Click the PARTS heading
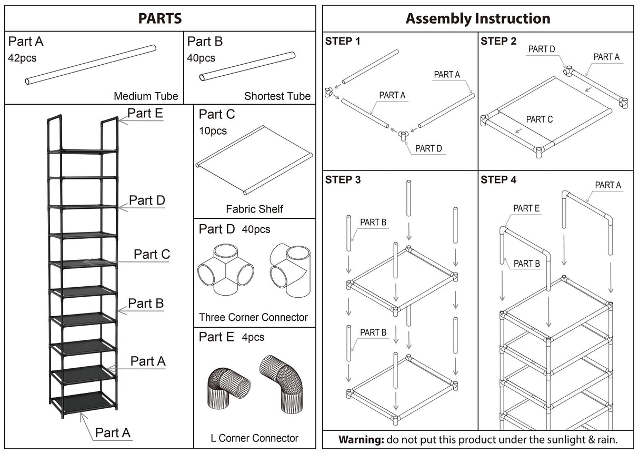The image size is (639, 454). pyautogui.click(x=160, y=18)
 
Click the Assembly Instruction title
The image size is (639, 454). pyautogui.click(x=477, y=18)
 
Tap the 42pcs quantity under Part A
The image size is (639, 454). pyautogui.click(x=22, y=58)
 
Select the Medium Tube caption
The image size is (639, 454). pyautogui.click(x=146, y=96)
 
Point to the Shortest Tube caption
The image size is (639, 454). pyautogui.click(x=277, y=96)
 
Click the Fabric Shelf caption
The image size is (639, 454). pyautogui.click(x=254, y=209)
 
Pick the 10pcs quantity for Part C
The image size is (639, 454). pyautogui.click(x=214, y=130)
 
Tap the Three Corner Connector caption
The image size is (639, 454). pyautogui.click(x=253, y=317)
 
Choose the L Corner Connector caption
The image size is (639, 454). pyautogui.click(x=254, y=438)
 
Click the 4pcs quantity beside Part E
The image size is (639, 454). pyautogui.click(x=253, y=337)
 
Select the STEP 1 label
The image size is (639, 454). pyautogui.click(x=343, y=41)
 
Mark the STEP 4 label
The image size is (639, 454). pyautogui.click(x=498, y=180)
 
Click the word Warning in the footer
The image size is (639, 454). pyautogui.click(x=360, y=439)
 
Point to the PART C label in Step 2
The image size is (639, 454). pyautogui.click(x=539, y=119)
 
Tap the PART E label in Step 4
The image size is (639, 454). pyautogui.click(x=526, y=208)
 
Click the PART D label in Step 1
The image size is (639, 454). pyautogui.click(x=428, y=148)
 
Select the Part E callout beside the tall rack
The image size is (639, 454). pyautogui.click(x=145, y=113)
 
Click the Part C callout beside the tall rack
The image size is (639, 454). pyautogui.click(x=152, y=254)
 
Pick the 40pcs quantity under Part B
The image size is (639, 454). pyautogui.click(x=201, y=58)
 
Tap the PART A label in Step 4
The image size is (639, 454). pyautogui.click(x=608, y=185)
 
